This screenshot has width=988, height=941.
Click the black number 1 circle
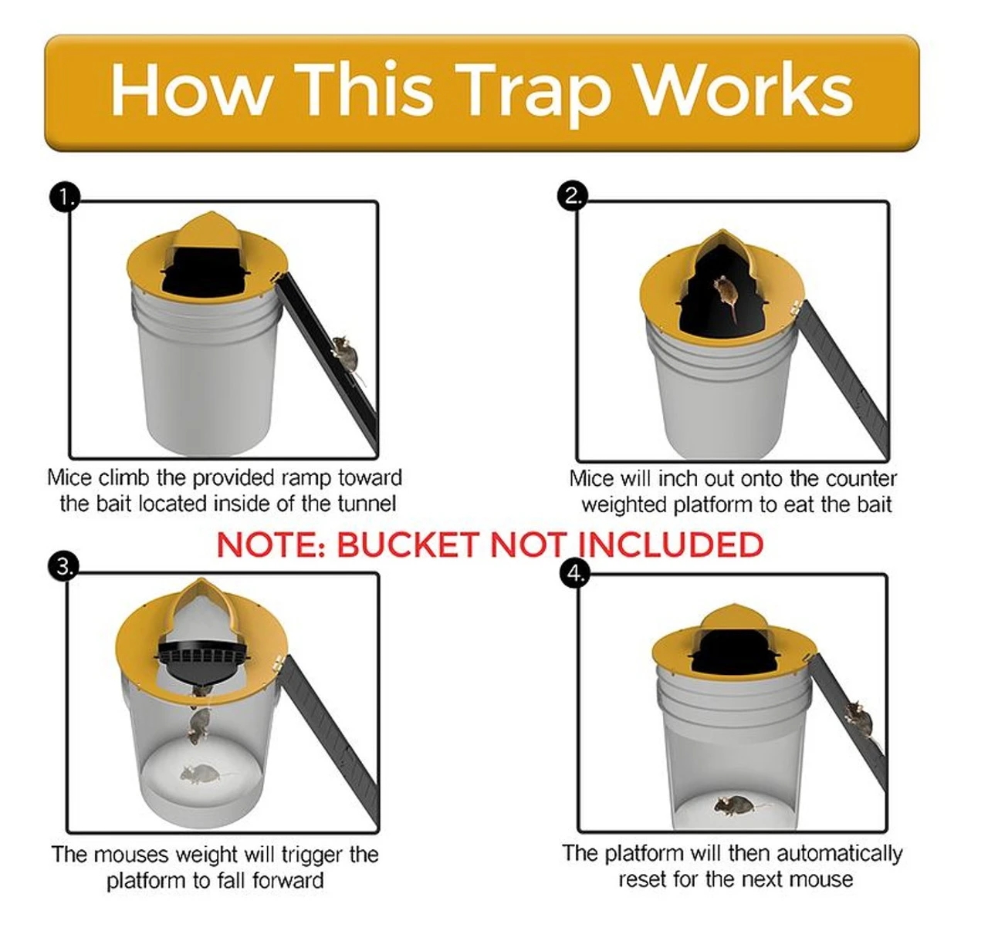tap(64, 198)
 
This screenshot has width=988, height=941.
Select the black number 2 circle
tap(573, 195)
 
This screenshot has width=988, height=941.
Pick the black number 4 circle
tap(574, 573)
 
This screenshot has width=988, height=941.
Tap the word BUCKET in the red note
tap(407, 545)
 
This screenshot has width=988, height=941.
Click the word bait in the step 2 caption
tap(875, 504)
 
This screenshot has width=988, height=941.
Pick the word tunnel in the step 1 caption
tap(367, 504)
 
